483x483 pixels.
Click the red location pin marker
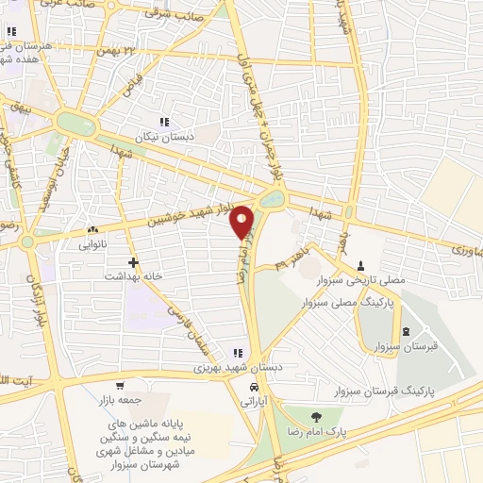click(242, 222)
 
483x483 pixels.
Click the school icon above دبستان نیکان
click(165, 122)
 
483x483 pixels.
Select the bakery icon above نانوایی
click(92, 229)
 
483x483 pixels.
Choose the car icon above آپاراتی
click(253, 387)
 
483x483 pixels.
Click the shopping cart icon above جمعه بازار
click(120, 385)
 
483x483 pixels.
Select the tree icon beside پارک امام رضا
click(315, 416)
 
